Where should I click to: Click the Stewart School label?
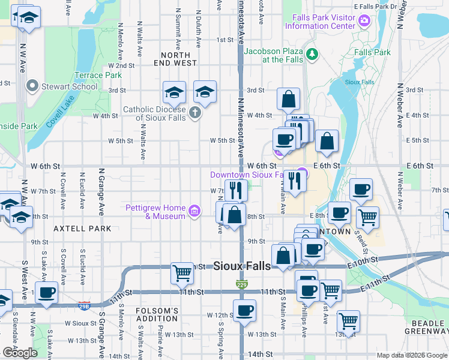pos(69,86)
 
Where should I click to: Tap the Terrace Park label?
pos(98,75)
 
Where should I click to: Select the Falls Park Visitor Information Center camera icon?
pos(364,22)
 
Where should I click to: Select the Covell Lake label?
pos(59,115)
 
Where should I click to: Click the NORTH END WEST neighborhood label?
pos(175,58)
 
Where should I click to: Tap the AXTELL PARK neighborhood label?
pos(82,229)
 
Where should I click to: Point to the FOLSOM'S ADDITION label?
pos(157,314)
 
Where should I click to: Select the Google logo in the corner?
pos(20,353)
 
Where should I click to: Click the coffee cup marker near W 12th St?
pos(244,311)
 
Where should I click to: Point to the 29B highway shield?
pos(85,306)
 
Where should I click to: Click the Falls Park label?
pos(372,52)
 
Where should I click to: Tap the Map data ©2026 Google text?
pos(411,355)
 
